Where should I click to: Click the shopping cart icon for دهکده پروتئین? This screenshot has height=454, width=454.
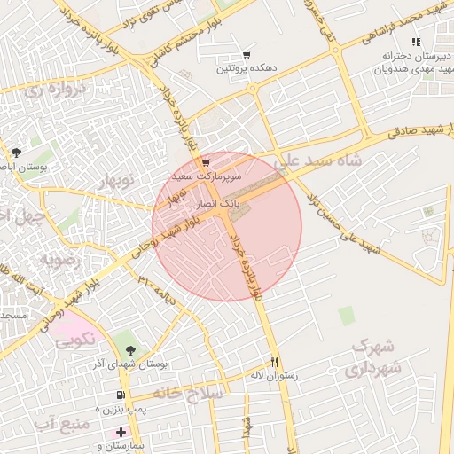[247, 55]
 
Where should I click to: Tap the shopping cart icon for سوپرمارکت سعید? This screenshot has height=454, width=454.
[206, 162]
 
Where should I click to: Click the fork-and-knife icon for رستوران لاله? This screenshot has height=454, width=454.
[274, 362]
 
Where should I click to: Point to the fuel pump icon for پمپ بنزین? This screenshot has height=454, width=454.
[121, 395]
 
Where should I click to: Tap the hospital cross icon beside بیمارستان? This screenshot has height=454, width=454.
[121, 431]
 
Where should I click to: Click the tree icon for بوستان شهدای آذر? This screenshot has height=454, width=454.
[131, 349]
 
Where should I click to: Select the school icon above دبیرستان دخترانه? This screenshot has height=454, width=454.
[415, 42]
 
